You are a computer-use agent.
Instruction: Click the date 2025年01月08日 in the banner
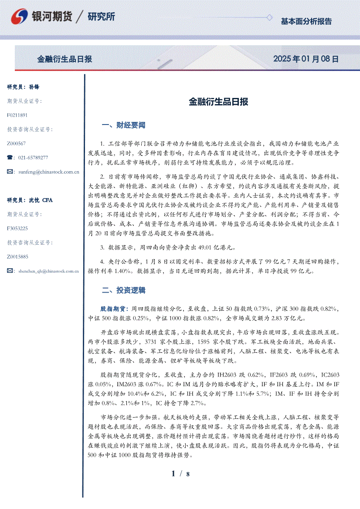pyautogui.click(x=306, y=59)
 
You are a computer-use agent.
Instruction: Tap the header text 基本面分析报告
pyautogui.click(x=306, y=21)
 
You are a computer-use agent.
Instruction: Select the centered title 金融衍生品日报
pyautogui.click(x=218, y=102)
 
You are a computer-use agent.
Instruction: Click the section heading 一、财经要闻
pyautogui.click(x=123, y=125)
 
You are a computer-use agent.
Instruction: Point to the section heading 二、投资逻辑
pyautogui.click(x=123, y=290)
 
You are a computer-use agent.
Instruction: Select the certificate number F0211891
pyautogui.click(x=17, y=115)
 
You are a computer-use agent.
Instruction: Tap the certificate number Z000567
pyautogui.click(x=17, y=143)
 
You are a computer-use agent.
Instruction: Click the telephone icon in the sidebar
pyautogui.click(x=10, y=158)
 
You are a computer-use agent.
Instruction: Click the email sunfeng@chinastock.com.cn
pyautogui.click(x=49, y=172)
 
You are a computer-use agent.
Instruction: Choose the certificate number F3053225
pyautogui.click(x=17, y=228)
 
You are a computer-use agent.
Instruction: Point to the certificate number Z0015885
pyautogui.click(x=18, y=256)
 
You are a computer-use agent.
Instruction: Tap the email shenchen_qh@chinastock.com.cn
pyautogui.click(x=48, y=271)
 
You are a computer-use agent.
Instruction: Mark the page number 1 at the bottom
pyautogui.click(x=173, y=474)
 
